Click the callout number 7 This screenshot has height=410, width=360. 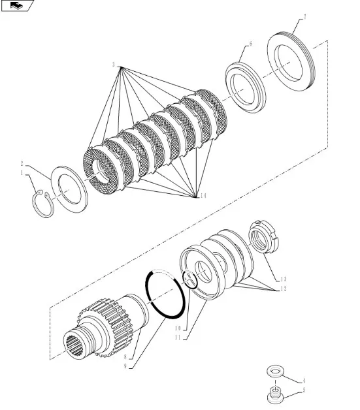pyautogui.click(x=305, y=17)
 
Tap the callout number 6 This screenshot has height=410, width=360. pyautogui.click(x=251, y=44)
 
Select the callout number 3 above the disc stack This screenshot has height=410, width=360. pyautogui.click(x=114, y=65)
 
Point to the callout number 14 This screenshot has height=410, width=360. pyautogui.click(x=203, y=196)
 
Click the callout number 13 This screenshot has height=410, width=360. pyautogui.click(x=284, y=279)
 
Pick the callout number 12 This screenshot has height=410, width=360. pyautogui.click(x=284, y=289)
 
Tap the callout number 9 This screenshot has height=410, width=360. pyautogui.click(x=125, y=366)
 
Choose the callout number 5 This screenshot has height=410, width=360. pyautogui.click(x=304, y=390)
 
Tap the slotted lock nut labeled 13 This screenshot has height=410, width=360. pyautogui.click(x=264, y=236)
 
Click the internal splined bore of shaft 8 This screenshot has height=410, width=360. pyautogui.click(x=74, y=345)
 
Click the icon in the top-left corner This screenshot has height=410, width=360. pyautogui.click(x=17, y=5)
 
